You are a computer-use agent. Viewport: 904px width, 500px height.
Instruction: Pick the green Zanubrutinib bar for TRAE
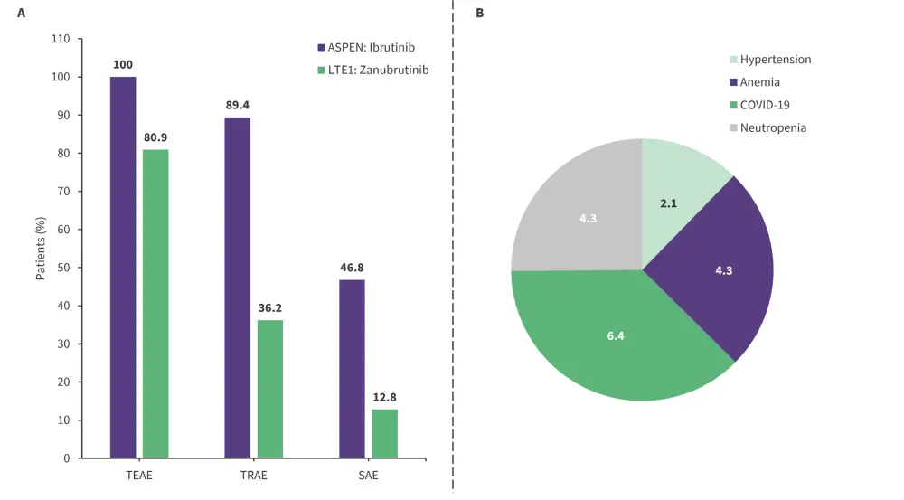tap(270, 389)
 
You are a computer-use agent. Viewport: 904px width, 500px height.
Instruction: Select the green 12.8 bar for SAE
tap(384, 433)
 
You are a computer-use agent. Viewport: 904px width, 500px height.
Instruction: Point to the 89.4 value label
tap(238, 106)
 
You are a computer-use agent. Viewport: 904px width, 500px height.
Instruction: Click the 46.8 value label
tap(352, 269)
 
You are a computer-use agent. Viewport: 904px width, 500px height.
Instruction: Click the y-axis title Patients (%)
tap(41, 249)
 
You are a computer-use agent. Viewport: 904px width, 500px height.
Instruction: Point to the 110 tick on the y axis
tap(61, 40)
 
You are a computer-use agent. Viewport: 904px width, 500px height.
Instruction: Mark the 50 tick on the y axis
tap(63, 268)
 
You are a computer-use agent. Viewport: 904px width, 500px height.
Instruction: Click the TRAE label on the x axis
tap(254, 475)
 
